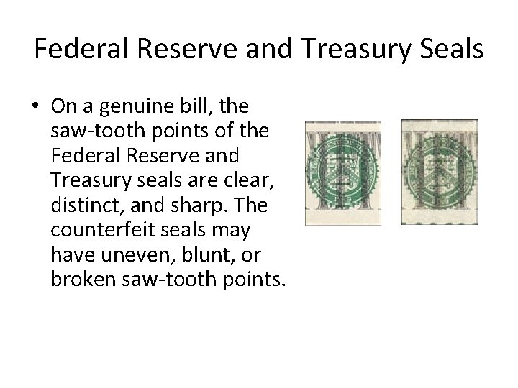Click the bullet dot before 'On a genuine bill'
click(x=35, y=107)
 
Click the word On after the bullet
click(x=63, y=106)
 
